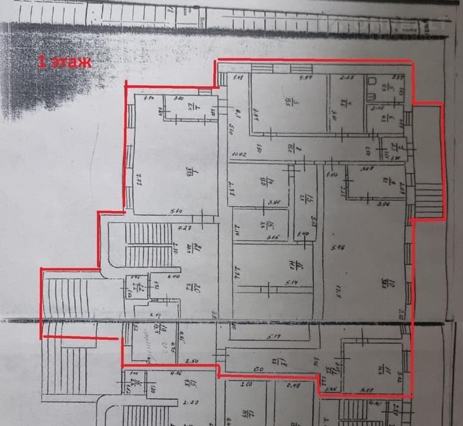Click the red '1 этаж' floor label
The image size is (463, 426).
[65, 61]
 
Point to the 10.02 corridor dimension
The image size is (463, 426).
[240, 153]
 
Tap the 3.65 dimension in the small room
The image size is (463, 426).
[272, 237]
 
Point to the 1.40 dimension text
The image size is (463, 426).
[303, 234]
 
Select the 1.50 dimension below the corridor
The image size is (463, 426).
[331, 176]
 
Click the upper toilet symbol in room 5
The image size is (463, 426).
[371, 82]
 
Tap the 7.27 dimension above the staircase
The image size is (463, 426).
[183, 229]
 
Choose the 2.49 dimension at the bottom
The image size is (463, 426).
[293, 385]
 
